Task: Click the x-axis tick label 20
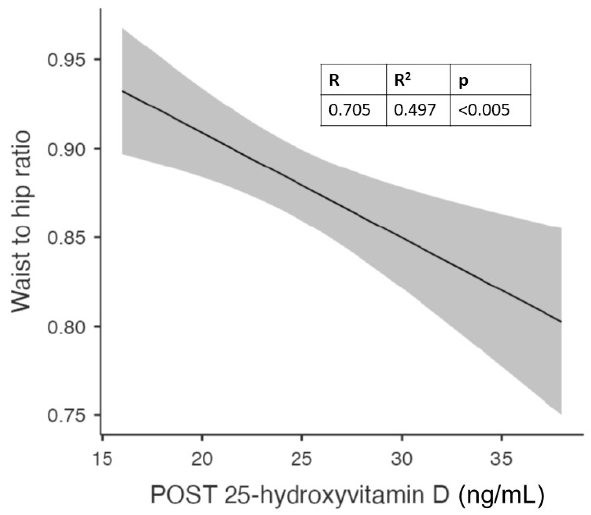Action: click(x=202, y=459)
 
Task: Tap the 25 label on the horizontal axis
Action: click(x=301, y=459)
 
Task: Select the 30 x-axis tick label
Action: click(x=402, y=459)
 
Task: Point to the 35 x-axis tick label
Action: click(x=501, y=459)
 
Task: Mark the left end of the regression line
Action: click(x=122, y=91)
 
